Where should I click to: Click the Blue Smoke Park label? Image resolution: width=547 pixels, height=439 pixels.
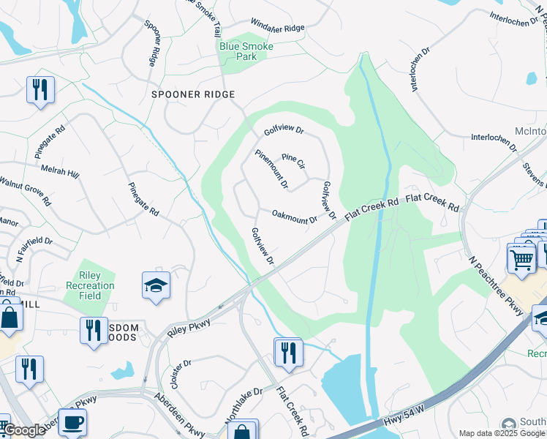pos(246,51)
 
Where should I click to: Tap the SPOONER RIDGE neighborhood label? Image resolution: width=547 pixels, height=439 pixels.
pos(193,94)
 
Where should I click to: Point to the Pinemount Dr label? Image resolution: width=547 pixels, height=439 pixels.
pos(271,168)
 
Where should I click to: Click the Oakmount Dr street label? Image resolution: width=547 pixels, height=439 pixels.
pos(295,217)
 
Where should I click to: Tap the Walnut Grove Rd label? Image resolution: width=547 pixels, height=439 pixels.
pos(26,190)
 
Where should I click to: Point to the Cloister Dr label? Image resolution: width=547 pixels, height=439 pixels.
pos(179,374)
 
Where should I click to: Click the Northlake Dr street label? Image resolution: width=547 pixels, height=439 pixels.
pos(244,405)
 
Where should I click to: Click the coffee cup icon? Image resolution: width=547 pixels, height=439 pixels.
pos(72,422)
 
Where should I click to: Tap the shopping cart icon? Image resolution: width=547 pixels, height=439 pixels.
pos(521,258)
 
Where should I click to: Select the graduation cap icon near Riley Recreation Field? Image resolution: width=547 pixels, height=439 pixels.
pos(156,285)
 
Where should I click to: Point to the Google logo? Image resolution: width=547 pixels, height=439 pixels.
pos(25,430)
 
